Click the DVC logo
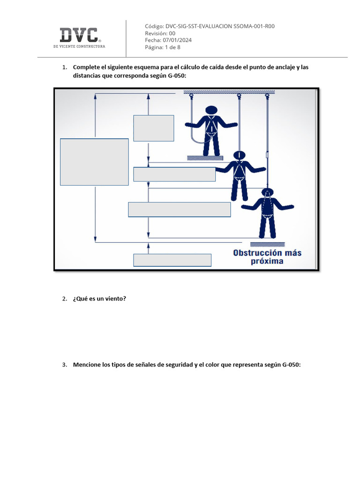[x=79, y=35]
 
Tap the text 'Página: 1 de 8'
[x=163, y=47]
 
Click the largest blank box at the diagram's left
[x=94, y=162]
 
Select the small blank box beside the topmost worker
[x=154, y=128]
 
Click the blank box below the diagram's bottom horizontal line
[x=172, y=260]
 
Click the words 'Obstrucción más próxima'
[x=267, y=257]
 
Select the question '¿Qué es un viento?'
[x=99, y=299]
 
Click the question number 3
[x=64, y=365]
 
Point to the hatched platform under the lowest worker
[x=268, y=244]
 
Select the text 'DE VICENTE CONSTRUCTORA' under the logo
[x=79, y=46]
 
